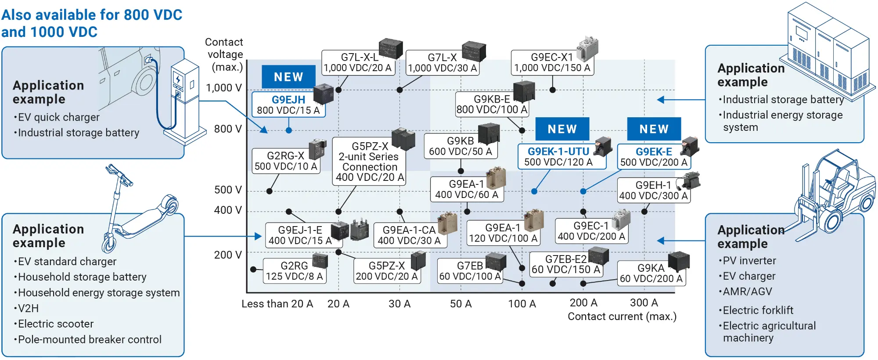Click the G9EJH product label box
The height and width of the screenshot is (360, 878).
click(288, 105)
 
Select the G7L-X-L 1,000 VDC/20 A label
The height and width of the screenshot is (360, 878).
click(357, 63)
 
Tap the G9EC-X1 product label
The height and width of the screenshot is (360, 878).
click(552, 63)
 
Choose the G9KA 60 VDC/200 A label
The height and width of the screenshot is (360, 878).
click(651, 274)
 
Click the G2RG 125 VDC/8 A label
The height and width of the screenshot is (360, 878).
click(294, 271)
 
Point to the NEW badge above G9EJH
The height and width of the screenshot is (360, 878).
click(288, 77)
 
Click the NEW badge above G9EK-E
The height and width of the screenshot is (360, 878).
click(654, 129)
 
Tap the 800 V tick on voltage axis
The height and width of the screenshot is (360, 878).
click(228, 129)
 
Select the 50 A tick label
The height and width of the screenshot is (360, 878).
click(461, 304)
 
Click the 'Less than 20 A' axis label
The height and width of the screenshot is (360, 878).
click(277, 304)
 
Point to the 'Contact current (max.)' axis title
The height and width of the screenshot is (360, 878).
click(622, 317)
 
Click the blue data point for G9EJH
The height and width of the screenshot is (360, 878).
click(289, 130)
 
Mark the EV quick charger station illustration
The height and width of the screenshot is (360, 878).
click(184, 101)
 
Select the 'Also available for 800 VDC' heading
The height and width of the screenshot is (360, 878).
click(91, 15)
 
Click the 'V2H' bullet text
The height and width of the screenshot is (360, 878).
click(28, 308)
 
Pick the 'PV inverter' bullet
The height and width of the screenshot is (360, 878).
click(749, 261)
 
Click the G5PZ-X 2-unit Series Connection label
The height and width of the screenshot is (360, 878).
click(369, 162)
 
